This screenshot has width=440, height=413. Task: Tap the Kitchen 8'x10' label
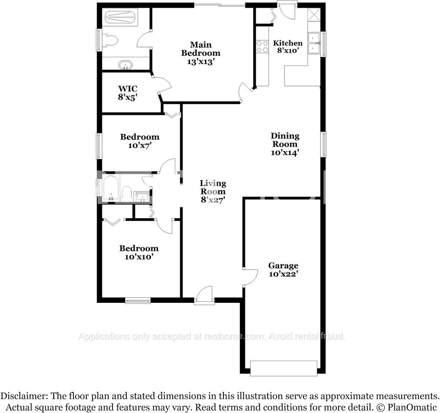288,46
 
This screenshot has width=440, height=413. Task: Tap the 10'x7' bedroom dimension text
140,145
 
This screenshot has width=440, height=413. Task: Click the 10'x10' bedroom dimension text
139,257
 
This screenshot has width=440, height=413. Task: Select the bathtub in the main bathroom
120,18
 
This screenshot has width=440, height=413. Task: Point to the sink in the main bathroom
125,65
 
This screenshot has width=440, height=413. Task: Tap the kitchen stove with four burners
262,46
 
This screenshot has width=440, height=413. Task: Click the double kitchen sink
315,43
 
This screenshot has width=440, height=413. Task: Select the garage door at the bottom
284,368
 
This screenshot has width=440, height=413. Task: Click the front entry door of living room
204,297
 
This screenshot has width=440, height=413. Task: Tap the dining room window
324,145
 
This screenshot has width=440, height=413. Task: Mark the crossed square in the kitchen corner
314,15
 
